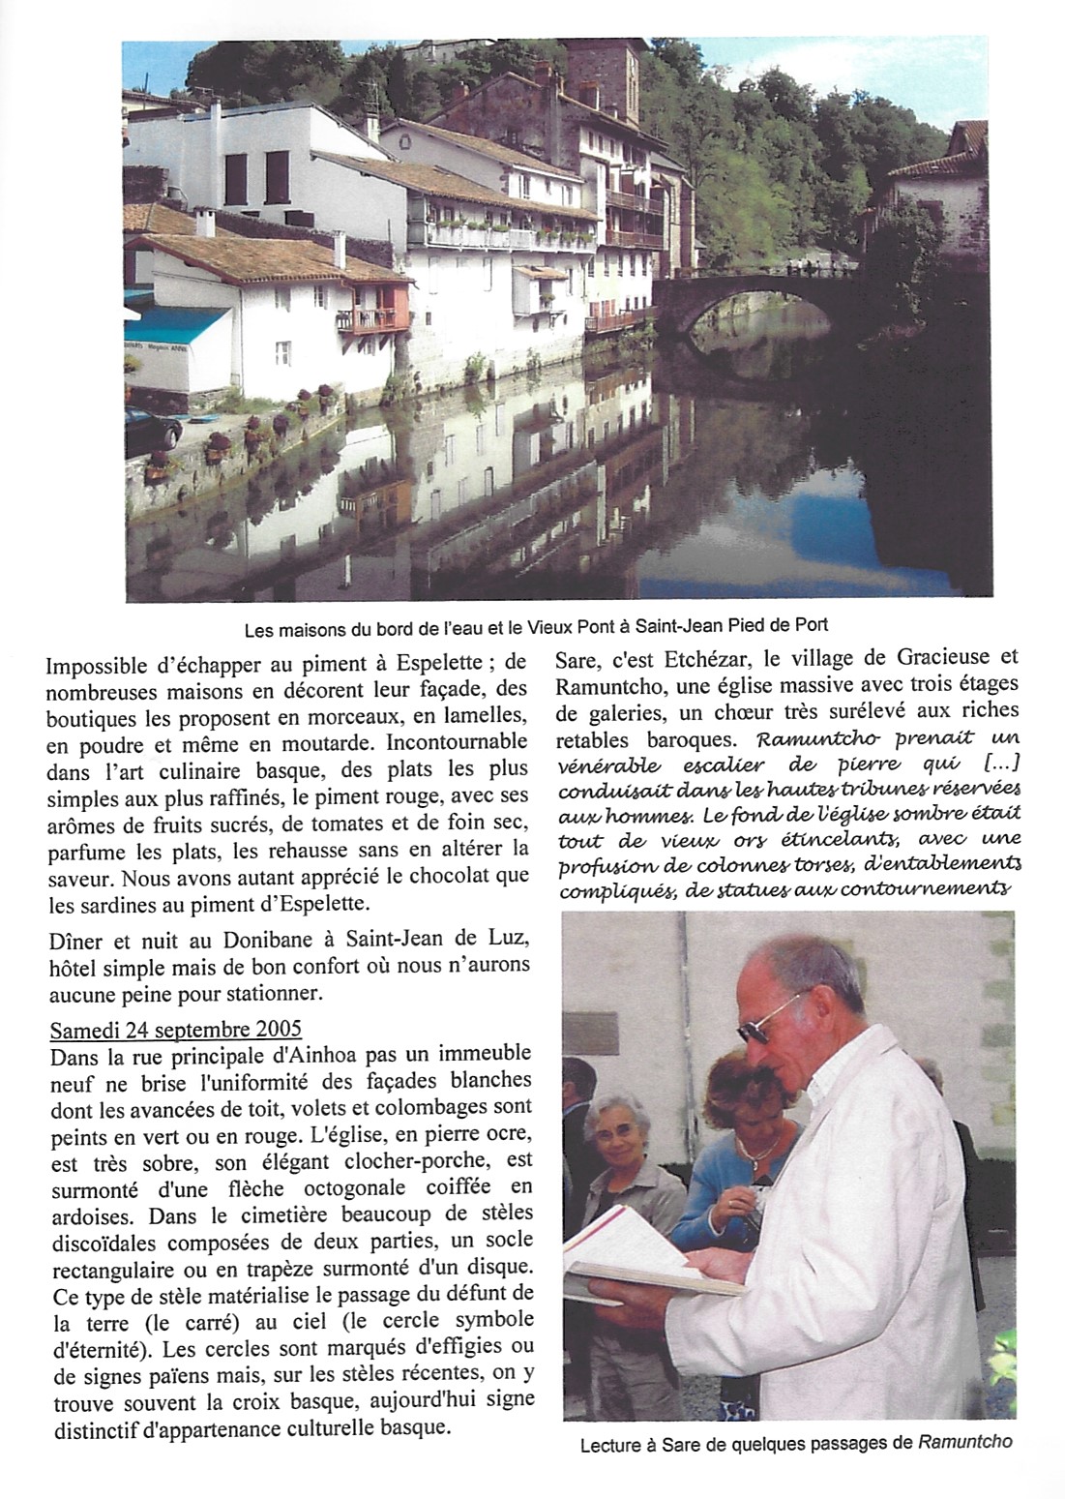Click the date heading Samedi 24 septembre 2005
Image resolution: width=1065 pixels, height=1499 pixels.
[175, 1029]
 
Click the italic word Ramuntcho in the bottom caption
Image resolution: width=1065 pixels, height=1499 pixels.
[965, 1442]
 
